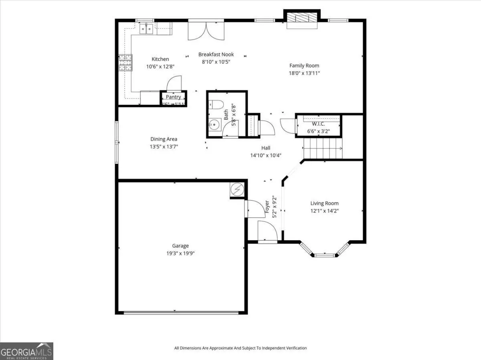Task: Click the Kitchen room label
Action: (x=160, y=59)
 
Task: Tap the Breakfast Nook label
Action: (x=216, y=54)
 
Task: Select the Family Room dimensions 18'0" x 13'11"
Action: (x=304, y=73)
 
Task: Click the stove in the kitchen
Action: (x=125, y=62)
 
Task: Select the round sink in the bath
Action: (x=215, y=125)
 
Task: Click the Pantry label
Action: (x=174, y=97)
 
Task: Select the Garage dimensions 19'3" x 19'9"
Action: (x=180, y=253)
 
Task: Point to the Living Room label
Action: (x=324, y=203)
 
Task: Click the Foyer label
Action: (x=267, y=207)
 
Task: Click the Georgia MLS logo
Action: (x=26, y=351)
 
